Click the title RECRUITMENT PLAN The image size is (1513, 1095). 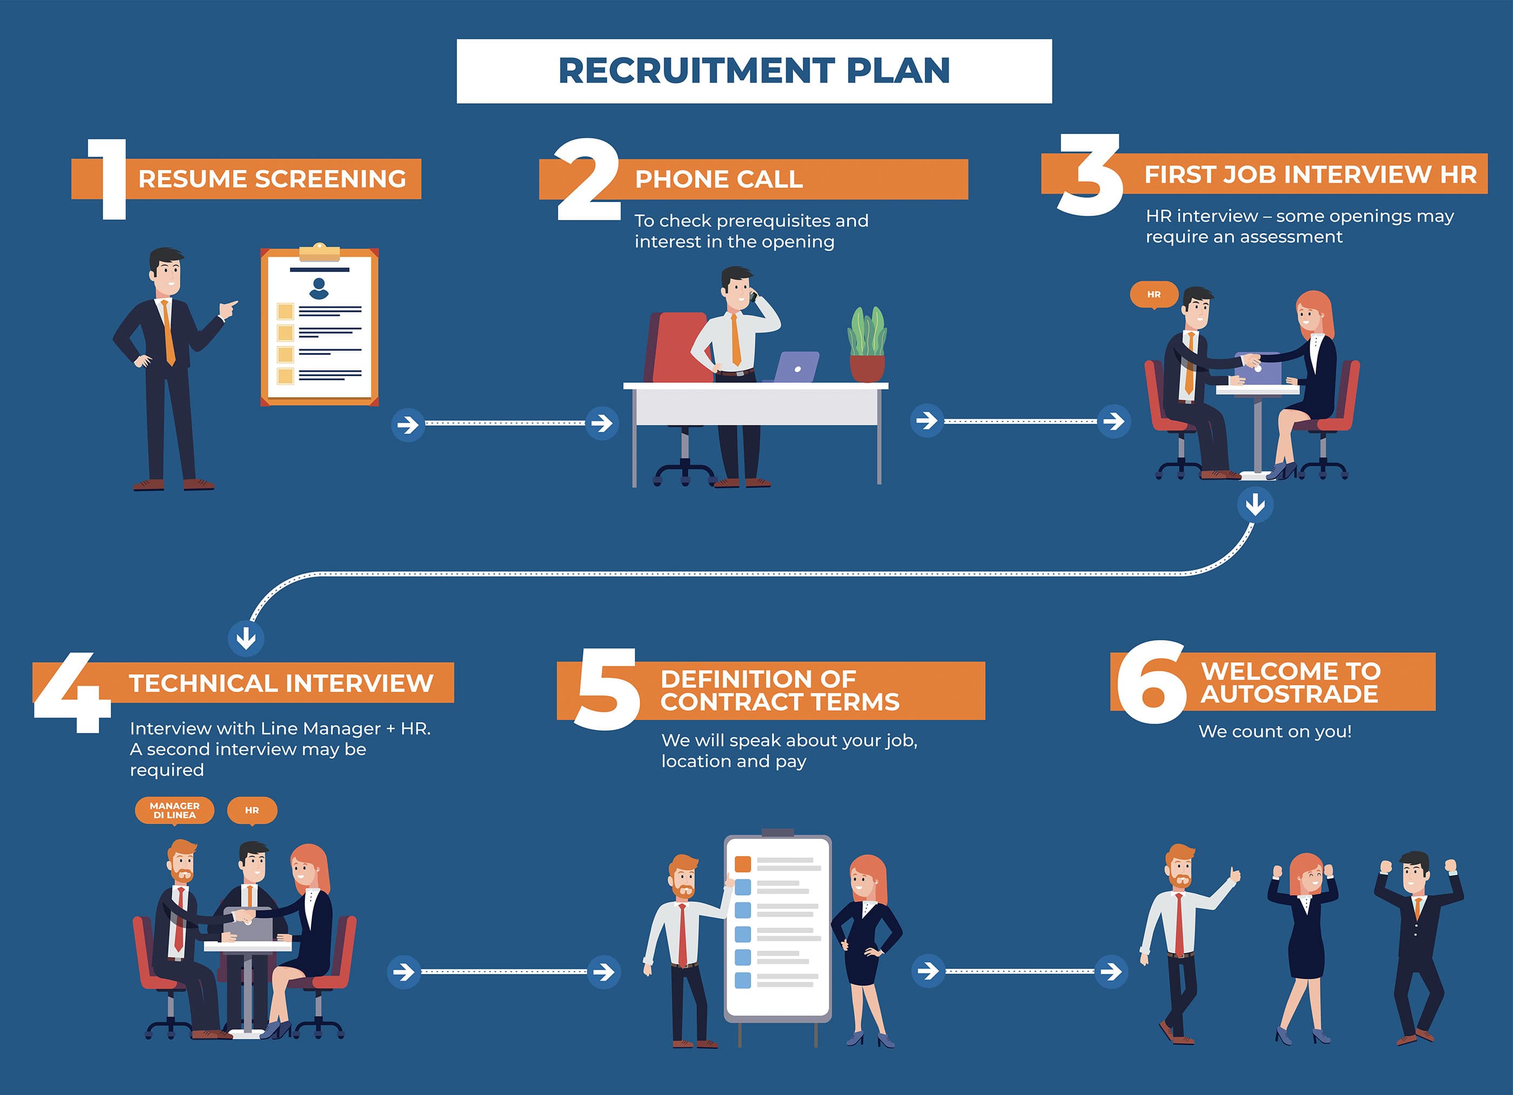[x=754, y=71]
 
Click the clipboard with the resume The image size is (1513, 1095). [x=319, y=326]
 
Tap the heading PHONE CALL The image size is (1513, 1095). [x=719, y=179]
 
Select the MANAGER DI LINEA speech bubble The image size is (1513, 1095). [x=174, y=810]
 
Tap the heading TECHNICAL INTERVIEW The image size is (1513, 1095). [x=281, y=683]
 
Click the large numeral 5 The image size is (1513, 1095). [x=606, y=690]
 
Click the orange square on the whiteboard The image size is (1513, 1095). [x=742, y=864]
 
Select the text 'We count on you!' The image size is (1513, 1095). [x=1275, y=731]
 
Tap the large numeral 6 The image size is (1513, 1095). [x=1151, y=682]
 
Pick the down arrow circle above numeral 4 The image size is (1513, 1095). [x=246, y=638]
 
